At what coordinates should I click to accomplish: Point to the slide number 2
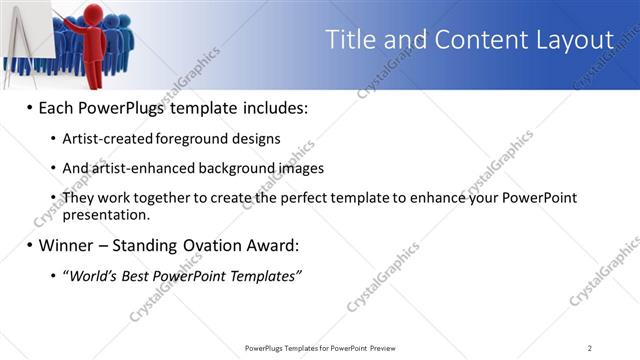590,348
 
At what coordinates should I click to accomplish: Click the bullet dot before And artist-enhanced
53,168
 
